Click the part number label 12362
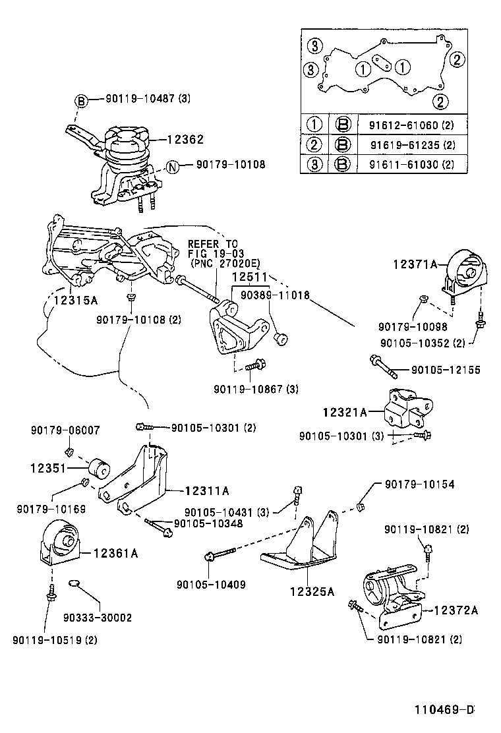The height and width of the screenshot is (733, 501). point(185,139)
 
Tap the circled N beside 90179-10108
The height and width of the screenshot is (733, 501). point(172,166)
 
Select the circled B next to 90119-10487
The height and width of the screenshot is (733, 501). point(80,101)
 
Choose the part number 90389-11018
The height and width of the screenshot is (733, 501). point(275,295)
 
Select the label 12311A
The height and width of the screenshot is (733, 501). point(207,490)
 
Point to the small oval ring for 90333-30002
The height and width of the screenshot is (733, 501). point(75,584)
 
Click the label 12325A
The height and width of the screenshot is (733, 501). point(312,591)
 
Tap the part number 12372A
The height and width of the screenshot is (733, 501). point(455,610)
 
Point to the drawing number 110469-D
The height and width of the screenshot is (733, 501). point(444,710)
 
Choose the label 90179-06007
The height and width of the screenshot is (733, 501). point(65,430)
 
